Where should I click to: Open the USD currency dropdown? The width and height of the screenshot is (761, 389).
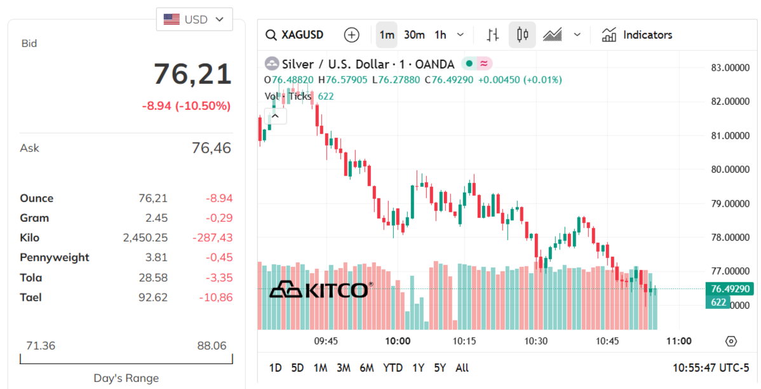tap(194, 19)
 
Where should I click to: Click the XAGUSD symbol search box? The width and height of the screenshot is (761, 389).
tap(295, 35)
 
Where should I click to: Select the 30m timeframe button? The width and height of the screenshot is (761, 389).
tap(414, 35)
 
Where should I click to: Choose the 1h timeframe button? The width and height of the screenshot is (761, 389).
tap(440, 35)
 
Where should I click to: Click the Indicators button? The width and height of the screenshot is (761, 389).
tap(637, 35)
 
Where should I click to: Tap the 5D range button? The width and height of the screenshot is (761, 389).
tap(297, 367)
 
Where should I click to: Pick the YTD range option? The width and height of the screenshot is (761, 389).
tap(393, 367)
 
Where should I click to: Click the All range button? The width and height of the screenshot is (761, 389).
tap(462, 367)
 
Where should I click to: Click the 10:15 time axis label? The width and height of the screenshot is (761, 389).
tap(464, 341)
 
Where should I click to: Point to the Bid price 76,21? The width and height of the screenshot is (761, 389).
tap(192, 74)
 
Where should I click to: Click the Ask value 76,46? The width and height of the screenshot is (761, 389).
tap(211, 148)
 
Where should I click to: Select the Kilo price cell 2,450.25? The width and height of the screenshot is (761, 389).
tap(145, 238)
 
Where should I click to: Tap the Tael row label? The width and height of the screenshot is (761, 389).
tap(30, 297)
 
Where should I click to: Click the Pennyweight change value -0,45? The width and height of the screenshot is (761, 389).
tap(219, 257)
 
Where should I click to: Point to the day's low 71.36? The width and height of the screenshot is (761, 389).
tap(41, 346)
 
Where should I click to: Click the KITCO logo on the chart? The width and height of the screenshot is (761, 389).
tap(319, 290)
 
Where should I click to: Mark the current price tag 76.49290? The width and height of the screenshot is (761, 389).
tap(729, 289)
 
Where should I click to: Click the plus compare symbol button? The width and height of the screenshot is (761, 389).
tap(351, 35)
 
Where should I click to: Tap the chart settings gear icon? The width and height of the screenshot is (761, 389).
tap(731, 341)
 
